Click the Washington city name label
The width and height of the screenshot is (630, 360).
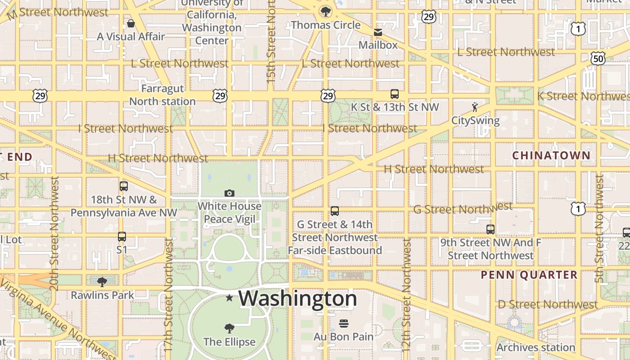coord(298,298)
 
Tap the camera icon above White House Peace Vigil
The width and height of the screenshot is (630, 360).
coord(229,193)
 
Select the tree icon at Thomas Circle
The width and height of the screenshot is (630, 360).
coord(325,11)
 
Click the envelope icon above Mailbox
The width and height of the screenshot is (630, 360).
coord(378,32)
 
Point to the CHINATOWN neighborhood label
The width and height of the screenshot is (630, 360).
coord(551,155)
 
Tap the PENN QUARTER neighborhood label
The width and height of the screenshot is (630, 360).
coord(529,274)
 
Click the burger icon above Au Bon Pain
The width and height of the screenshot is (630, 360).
coord(344,323)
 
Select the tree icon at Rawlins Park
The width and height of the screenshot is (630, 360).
coord(102,282)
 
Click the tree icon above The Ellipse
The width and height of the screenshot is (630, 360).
coord(229,328)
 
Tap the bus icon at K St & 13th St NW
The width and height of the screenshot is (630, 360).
coord(395,94)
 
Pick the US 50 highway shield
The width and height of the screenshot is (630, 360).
coord(598,58)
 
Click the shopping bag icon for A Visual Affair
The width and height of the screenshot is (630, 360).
coord(131,23)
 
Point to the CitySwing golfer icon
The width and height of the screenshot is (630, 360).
coord(475,107)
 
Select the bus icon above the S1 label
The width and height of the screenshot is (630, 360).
coord(122,236)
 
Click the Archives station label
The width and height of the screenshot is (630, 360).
coord(535,347)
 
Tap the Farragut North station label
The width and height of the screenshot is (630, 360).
coord(162,95)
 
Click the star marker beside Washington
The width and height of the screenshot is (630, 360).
coord(229,297)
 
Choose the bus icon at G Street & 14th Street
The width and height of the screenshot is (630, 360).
coord(335,211)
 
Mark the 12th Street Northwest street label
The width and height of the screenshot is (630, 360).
coord(406,295)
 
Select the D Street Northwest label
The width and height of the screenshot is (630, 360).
coord(548,304)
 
